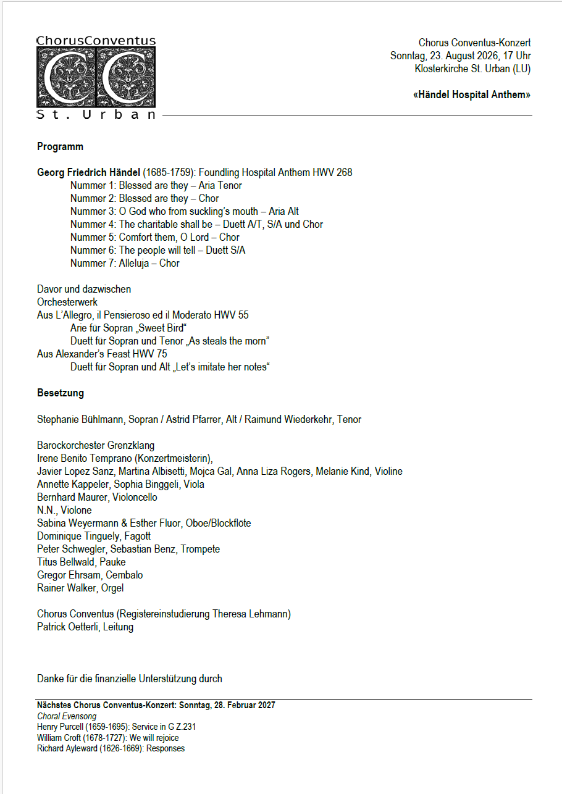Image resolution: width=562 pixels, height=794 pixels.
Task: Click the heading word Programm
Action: [60, 147]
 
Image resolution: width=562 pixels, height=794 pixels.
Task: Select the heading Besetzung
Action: [61, 393]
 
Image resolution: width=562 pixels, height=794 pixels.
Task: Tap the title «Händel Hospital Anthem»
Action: [471, 95]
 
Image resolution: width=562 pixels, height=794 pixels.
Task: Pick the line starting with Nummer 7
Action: [125, 264]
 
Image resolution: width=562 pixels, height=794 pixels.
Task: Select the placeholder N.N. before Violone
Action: [46, 511]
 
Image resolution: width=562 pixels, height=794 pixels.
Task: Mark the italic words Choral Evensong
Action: [67, 716]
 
